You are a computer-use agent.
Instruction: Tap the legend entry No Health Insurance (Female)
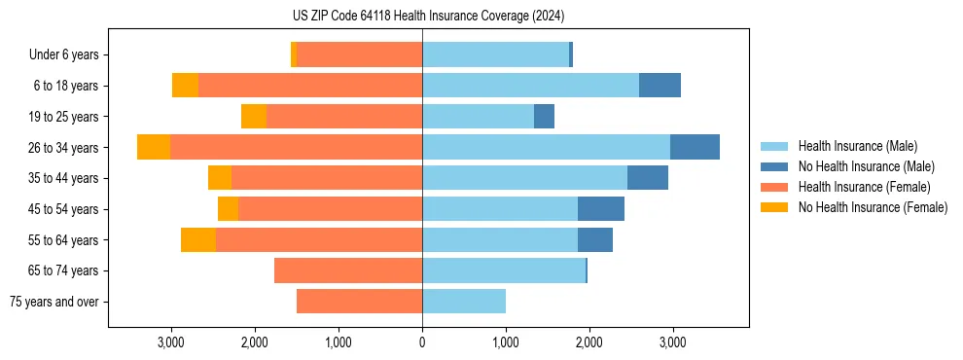[x=873, y=207]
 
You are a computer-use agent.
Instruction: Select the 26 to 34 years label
[x=64, y=148]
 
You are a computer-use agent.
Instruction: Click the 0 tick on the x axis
[x=422, y=343]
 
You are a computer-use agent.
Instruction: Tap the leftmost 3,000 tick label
[x=170, y=343]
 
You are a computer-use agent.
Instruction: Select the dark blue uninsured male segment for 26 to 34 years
[x=695, y=147]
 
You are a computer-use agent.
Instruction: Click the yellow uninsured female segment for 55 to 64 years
[x=198, y=239]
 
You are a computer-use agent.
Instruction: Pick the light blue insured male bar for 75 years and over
[x=464, y=302]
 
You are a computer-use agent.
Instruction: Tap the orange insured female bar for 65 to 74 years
[x=348, y=270]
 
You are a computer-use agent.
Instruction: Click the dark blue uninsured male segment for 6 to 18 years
[x=660, y=86]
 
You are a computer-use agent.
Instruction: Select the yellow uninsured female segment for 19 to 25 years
[x=254, y=117]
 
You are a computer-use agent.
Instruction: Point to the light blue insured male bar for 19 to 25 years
[x=478, y=117]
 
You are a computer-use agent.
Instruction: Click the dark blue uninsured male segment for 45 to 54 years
[x=601, y=209]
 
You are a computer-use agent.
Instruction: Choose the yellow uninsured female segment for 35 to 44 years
[x=220, y=178]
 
